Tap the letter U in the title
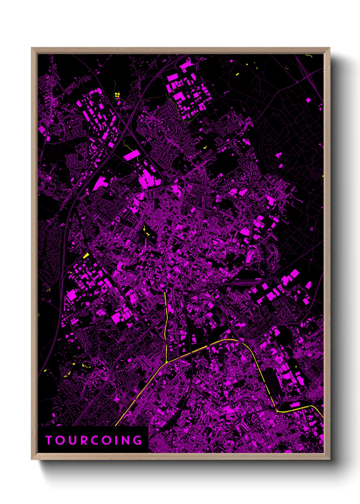click(72, 440)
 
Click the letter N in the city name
click(126, 440)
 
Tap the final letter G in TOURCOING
click(138, 440)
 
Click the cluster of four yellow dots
click(117, 95)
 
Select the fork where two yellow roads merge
click(166, 362)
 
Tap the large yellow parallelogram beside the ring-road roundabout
click(86, 255)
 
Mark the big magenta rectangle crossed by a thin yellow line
click(131, 156)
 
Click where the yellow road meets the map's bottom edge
click(116, 425)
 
